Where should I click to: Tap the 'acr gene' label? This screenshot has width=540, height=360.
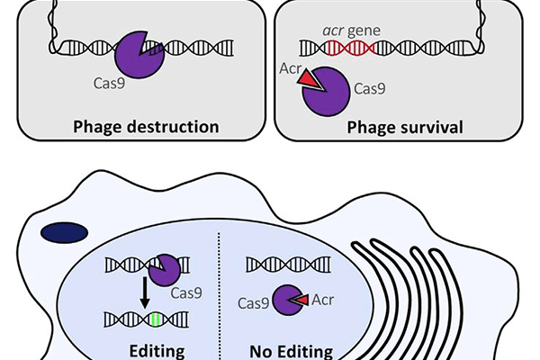point(354,30)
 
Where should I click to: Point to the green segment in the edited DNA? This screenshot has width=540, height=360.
point(159,319)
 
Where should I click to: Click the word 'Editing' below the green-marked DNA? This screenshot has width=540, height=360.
point(157,350)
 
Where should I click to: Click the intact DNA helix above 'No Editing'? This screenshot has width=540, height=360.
point(283,265)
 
